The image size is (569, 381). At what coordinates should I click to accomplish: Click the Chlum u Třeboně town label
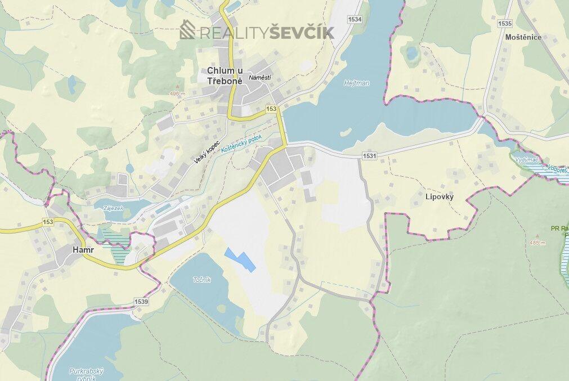(225, 75)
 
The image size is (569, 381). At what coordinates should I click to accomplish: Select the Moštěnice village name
(523, 37)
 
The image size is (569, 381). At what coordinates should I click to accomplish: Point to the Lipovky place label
(440, 197)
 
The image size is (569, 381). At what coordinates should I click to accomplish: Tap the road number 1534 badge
(355, 19)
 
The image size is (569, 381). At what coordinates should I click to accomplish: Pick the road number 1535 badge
(505, 23)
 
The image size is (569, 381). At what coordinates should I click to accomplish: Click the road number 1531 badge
(370, 155)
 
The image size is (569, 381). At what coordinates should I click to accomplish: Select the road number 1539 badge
(141, 302)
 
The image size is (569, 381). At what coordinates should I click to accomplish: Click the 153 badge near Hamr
(47, 222)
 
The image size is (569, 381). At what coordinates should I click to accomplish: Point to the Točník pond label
(201, 280)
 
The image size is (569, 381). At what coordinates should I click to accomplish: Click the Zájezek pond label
(113, 208)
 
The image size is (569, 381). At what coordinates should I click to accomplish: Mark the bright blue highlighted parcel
(240, 259)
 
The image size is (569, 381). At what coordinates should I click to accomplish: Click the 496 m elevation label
(177, 93)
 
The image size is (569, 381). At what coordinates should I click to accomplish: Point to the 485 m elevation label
(537, 243)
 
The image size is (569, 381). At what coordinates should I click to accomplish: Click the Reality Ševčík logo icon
(187, 30)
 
